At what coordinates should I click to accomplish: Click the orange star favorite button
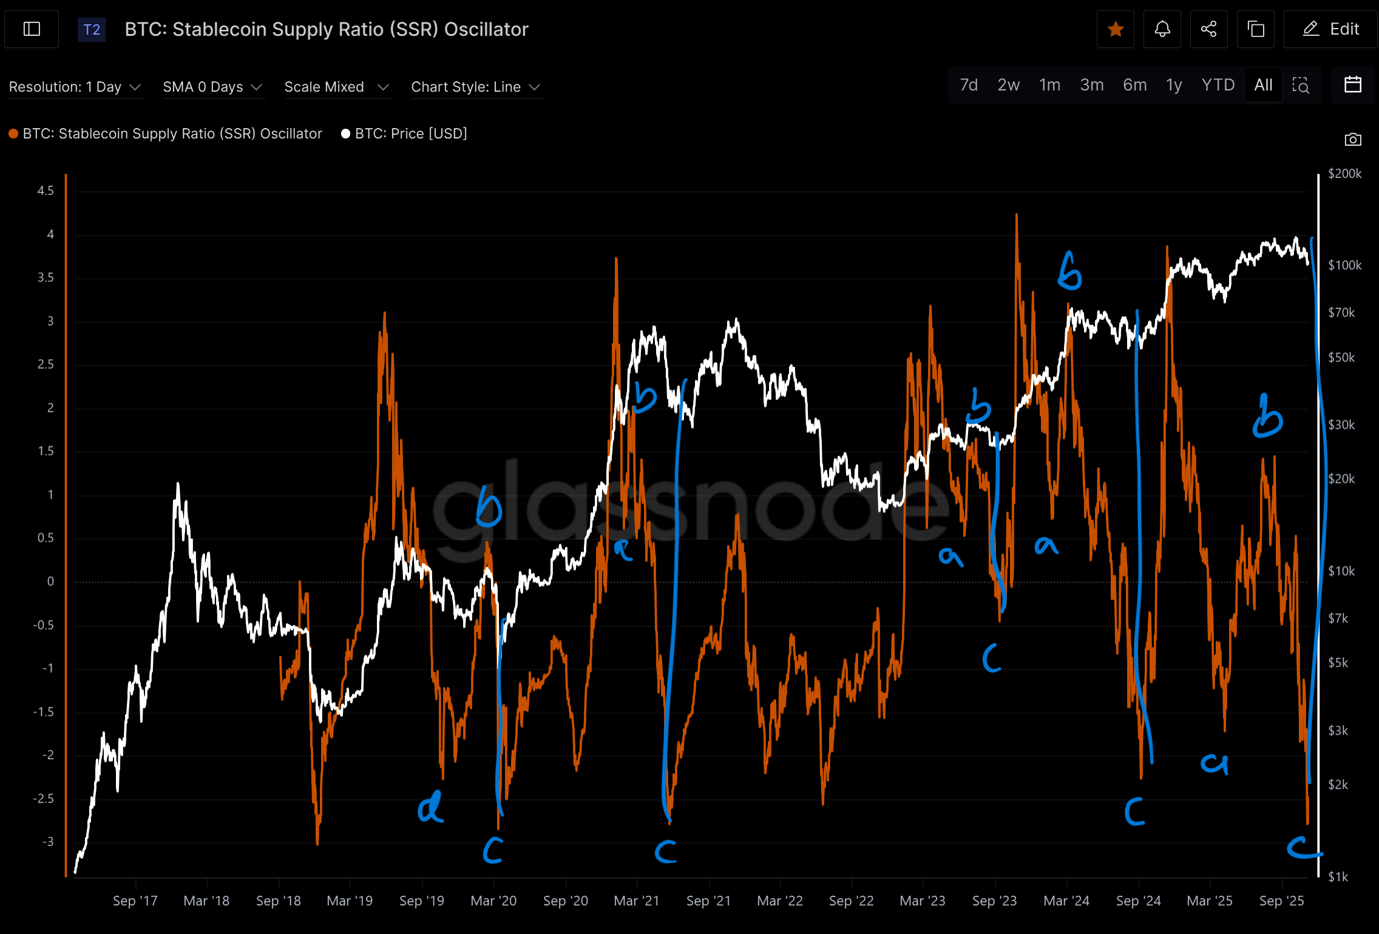pyautogui.click(x=1115, y=29)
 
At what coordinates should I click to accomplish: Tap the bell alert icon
pyautogui.click(x=1162, y=29)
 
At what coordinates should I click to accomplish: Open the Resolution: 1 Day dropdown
pyautogui.click(x=75, y=87)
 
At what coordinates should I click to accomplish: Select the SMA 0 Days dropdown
pyautogui.click(x=212, y=87)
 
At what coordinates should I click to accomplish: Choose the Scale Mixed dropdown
pyautogui.click(x=336, y=87)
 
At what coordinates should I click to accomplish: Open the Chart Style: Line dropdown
pyautogui.click(x=475, y=87)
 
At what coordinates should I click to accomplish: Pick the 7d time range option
pyautogui.click(x=969, y=85)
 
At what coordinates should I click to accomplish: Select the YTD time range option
pyautogui.click(x=1218, y=85)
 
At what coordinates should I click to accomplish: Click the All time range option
pyautogui.click(x=1263, y=85)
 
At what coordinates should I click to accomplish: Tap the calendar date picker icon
pyautogui.click(x=1353, y=85)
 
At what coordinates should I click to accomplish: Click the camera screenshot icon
pyautogui.click(x=1353, y=140)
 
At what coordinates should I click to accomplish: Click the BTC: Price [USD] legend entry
pyautogui.click(x=404, y=134)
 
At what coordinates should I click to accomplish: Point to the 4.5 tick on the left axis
pyautogui.click(x=46, y=191)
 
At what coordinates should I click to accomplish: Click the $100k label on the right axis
pyautogui.click(x=1344, y=265)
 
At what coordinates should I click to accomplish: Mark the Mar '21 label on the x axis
pyautogui.click(x=636, y=901)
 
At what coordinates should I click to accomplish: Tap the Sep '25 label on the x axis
pyautogui.click(x=1281, y=901)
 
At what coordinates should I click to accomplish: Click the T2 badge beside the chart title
pyautogui.click(x=92, y=30)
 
